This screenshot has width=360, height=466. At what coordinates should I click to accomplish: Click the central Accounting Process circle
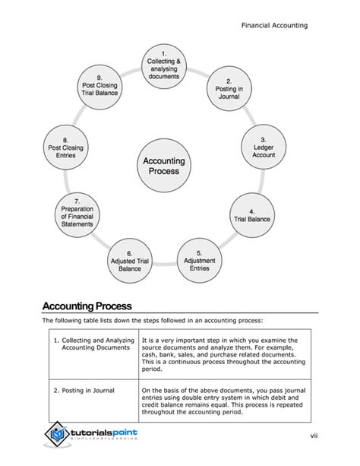click(x=164, y=166)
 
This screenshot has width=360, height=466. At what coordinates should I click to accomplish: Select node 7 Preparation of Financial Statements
click(x=77, y=214)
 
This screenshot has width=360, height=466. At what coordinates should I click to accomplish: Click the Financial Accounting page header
click(x=274, y=25)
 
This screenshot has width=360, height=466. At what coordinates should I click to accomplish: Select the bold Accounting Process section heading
click(x=87, y=306)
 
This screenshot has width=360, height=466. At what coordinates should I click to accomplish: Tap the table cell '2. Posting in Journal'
click(x=84, y=391)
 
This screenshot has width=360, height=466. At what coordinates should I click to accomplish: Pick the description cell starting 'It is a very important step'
click(x=220, y=354)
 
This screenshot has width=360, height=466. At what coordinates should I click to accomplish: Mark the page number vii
click(x=312, y=434)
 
